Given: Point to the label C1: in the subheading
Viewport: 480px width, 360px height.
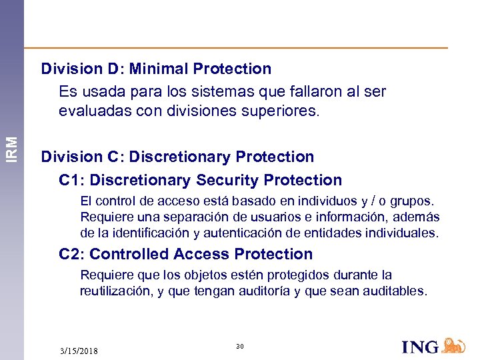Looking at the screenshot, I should (71, 180).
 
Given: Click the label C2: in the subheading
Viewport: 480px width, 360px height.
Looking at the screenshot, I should (71, 254).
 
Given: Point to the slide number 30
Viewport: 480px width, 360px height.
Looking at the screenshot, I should (240, 346).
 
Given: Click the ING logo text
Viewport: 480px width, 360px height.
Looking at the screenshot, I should (420, 347).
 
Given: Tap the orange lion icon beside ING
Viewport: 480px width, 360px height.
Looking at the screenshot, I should (454, 345).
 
